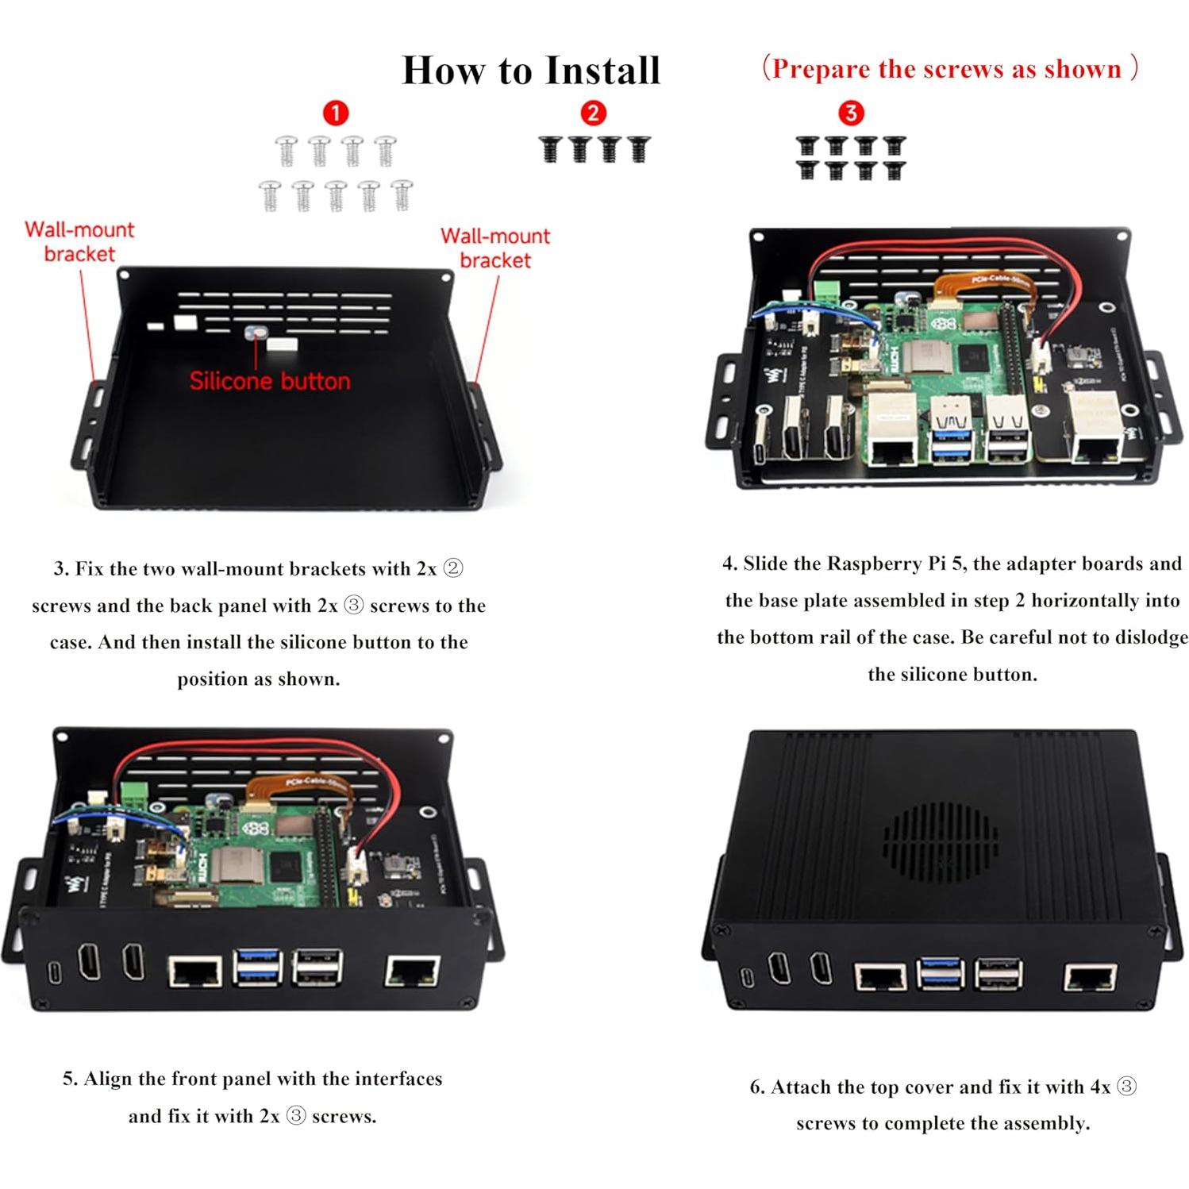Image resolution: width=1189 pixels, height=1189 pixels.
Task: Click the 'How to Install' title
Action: click(x=531, y=70)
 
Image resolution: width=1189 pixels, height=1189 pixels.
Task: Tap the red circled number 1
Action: click(x=336, y=113)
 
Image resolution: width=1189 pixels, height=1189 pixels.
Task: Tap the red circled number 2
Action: click(x=593, y=113)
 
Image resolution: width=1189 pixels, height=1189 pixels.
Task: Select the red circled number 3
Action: click(x=851, y=113)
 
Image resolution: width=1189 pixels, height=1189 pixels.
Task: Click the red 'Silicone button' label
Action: click(x=269, y=381)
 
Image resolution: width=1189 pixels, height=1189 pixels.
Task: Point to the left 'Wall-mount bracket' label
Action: click(x=79, y=241)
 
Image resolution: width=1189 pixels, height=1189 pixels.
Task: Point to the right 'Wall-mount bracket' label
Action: click(x=495, y=248)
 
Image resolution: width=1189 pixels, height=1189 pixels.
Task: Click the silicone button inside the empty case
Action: click(x=256, y=335)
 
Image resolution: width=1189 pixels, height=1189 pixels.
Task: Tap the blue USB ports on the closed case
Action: click(x=940, y=974)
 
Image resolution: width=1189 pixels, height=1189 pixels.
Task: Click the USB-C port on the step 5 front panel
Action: click(x=55, y=972)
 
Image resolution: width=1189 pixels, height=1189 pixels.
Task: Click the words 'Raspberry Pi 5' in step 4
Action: click(x=895, y=564)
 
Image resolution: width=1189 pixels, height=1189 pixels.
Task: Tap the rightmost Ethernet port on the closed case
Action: click(x=1090, y=978)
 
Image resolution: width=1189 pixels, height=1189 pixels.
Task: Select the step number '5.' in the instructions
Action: click(x=71, y=1079)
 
